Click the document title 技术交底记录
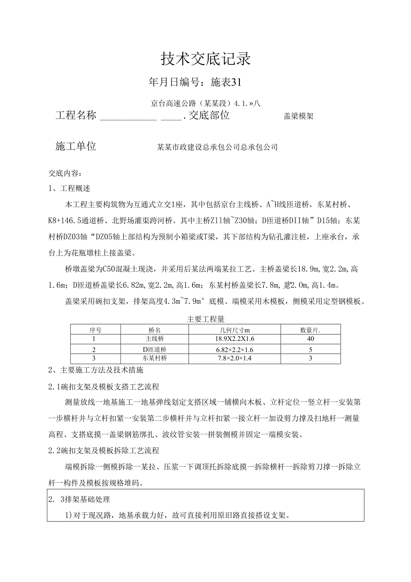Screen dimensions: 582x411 tap(205, 59)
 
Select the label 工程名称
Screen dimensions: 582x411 tap(76, 115)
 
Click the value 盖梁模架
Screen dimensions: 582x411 tap(298, 117)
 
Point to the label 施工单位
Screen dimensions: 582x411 tap(76, 146)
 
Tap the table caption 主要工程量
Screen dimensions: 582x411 tap(205, 319)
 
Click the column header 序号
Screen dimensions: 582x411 tap(95, 330)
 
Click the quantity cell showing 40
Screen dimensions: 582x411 tap(310, 339)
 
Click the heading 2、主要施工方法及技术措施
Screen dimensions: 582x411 tap(96, 370)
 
